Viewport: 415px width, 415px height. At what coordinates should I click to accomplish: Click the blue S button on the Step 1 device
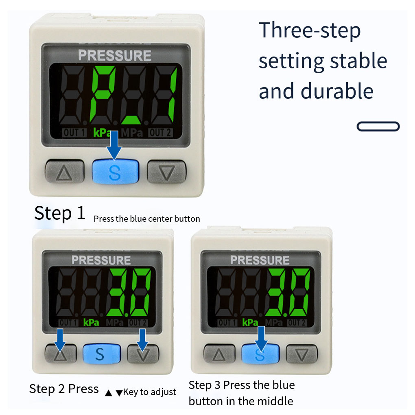[x=116, y=171]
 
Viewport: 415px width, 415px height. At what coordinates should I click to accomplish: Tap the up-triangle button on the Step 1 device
[x=65, y=171]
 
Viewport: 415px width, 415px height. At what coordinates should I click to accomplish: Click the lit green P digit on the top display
[x=102, y=94]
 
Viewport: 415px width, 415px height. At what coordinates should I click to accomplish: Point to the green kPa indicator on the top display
[x=102, y=133]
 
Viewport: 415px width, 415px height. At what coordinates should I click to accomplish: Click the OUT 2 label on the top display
[x=160, y=133]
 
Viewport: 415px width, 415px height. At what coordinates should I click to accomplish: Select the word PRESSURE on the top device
[x=115, y=56]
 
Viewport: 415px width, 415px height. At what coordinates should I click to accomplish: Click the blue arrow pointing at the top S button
[x=114, y=145]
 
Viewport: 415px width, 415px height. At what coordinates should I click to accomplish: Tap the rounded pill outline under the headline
[x=378, y=126]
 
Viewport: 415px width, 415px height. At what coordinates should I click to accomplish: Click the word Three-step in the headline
[x=310, y=31]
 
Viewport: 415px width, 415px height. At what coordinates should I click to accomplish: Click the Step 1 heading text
[x=60, y=213]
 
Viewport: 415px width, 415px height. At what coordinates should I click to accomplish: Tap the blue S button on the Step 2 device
[x=102, y=354]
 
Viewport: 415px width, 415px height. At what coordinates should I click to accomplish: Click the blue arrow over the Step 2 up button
[x=60, y=340]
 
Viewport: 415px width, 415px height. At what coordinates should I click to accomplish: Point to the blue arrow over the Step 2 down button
[x=142, y=340]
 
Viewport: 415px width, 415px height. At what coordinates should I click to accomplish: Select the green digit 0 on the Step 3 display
[x=300, y=292]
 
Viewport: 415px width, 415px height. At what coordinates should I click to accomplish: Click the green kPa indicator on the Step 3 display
[x=250, y=322]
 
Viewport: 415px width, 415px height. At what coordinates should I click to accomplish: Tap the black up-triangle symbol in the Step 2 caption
[x=108, y=393]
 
